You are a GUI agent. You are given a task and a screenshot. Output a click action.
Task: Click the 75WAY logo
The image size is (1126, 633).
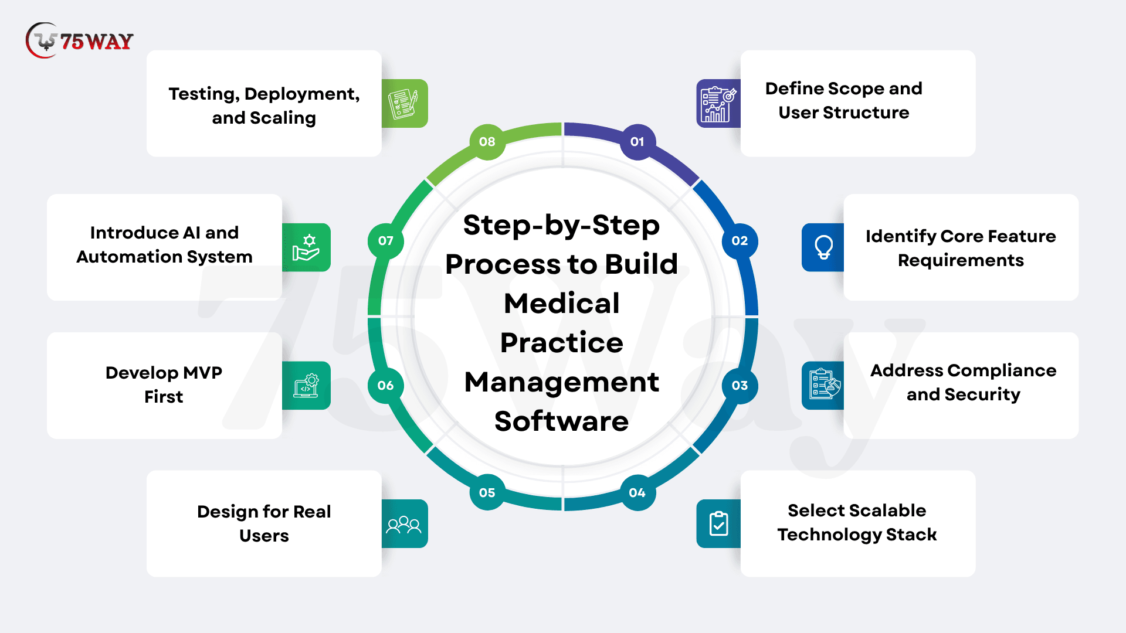click(x=80, y=41)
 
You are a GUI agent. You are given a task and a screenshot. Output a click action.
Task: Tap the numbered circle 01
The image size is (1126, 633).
click(x=637, y=142)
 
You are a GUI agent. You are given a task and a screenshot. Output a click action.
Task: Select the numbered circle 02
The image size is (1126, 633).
click(x=740, y=241)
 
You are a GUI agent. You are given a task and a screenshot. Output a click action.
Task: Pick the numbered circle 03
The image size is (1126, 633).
click(x=740, y=386)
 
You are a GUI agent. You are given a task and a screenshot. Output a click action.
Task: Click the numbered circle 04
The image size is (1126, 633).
click(x=637, y=493)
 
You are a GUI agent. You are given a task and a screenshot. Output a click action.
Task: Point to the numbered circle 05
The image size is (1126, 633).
click(x=487, y=493)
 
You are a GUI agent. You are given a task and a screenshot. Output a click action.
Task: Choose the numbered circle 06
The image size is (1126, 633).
click(x=385, y=386)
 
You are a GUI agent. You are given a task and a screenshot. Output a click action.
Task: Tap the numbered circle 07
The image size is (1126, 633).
click(x=385, y=241)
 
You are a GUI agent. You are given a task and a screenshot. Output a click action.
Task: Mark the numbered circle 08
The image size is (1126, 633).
click(x=487, y=142)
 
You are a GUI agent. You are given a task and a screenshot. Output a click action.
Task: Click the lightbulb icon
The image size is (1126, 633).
click(x=823, y=247)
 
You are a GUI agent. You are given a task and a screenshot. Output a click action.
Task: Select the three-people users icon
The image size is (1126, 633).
click(x=403, y=524)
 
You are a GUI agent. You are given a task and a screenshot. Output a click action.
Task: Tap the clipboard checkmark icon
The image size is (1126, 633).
click(x=718, y=524)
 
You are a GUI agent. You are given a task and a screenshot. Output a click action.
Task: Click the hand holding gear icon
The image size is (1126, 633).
click(x=306, y=247)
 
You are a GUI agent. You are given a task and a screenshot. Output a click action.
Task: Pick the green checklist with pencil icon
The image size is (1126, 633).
click(x=403, y=104)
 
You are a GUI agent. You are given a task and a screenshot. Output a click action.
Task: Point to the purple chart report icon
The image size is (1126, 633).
click(x=718, y=104)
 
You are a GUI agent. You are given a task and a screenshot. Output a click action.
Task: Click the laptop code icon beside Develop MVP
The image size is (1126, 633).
click(x=306, y=386)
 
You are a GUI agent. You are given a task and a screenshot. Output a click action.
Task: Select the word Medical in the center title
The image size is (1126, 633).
click(x=561, y=304)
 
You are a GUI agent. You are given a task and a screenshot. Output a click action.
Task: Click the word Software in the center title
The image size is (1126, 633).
click(x=561, y=421)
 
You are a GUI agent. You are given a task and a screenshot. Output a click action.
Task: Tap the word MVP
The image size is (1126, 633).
click(x=202, y=373)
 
